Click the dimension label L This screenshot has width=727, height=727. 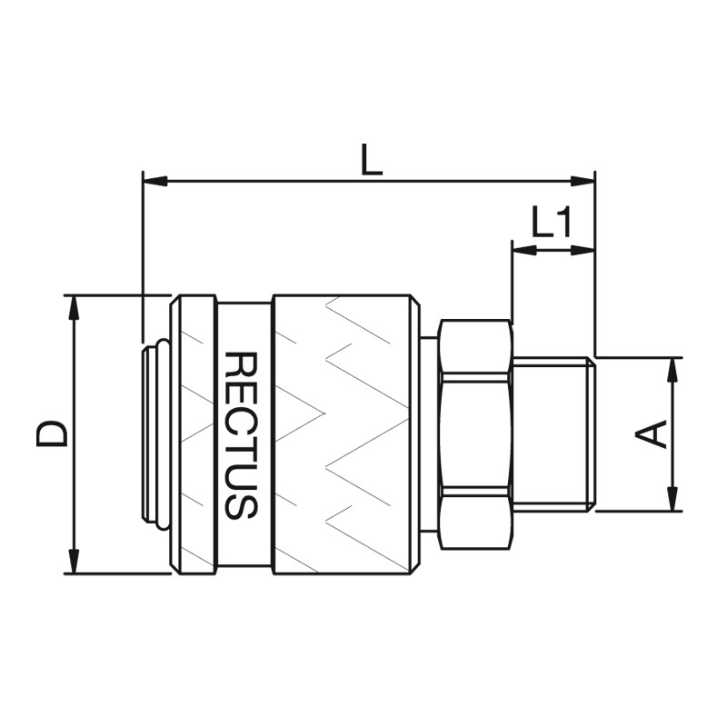pyautogui.click(x=372, y=159)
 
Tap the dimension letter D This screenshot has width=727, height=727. pyautogui.click(x=52, y=434)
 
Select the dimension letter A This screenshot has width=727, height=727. pyautogui.click(x=651, y=434)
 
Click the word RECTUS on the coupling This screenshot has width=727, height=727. pyautogui.click(x=241, y=435)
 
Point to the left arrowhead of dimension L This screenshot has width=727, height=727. pyautogui.click(x=154, y=181)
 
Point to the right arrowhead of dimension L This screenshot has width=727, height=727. pyautogui.click(x=583, y=181)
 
